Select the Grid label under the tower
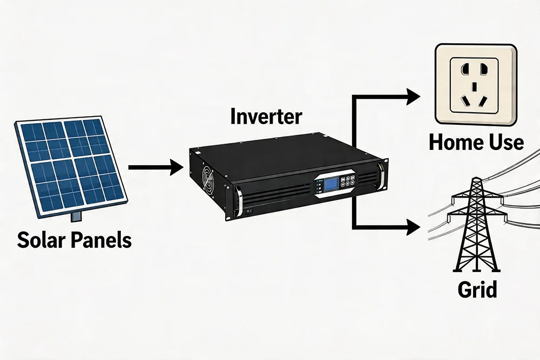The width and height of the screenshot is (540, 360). coord(477,289)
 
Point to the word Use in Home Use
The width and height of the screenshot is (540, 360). coord(505,142)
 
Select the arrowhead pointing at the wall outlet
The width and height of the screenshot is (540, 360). coord(413,97)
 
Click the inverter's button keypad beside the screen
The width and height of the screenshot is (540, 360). coord(348,182)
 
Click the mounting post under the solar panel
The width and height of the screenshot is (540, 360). coord(76,216)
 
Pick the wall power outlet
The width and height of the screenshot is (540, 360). coord(475,85)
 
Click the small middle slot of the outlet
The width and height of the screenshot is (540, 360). coord(475,86)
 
